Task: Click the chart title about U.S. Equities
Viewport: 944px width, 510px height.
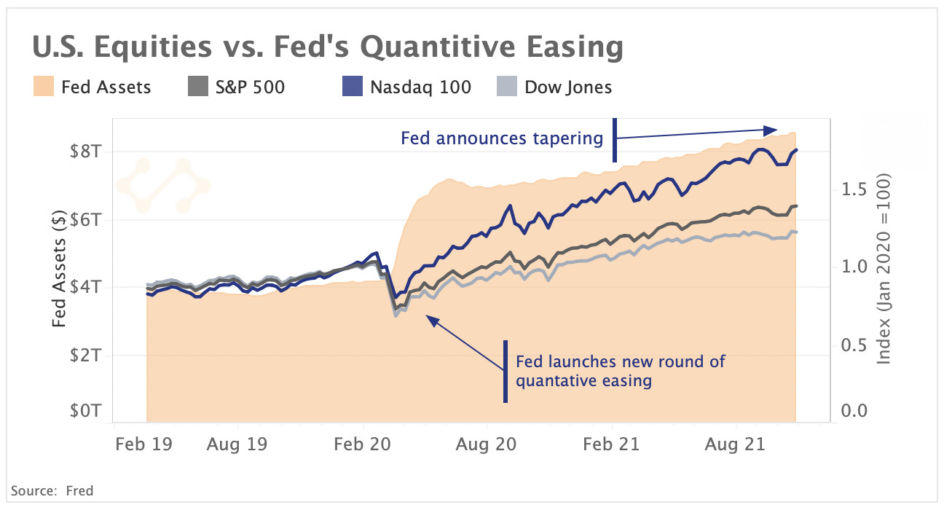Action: pyautogui.click(x=327, y=48)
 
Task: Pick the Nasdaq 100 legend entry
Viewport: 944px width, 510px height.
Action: pyautogui.click(x=420, y=87)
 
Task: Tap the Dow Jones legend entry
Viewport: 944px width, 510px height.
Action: pyautogui.click(x=568, y=87)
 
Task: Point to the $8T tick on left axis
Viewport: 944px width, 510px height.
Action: pyautogui.click(x=87, y=152)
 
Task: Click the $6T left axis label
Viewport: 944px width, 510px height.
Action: pyautogui.click(x=87, y=219)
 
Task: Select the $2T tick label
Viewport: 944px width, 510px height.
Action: pyautogui.click(x=87, y=355)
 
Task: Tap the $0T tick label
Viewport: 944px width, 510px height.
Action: pyautogui.click(x=87, y=411)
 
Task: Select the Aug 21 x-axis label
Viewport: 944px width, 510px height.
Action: pyautogui.click(x=736, y=444)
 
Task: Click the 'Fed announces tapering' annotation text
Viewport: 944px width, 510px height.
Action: pyautogui.click(x=502, y=138)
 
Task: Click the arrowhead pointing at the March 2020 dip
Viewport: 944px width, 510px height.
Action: pyautogui.click(x=430, y=318)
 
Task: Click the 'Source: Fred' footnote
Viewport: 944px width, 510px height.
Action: pyautogui.click(x=52, y=490)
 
